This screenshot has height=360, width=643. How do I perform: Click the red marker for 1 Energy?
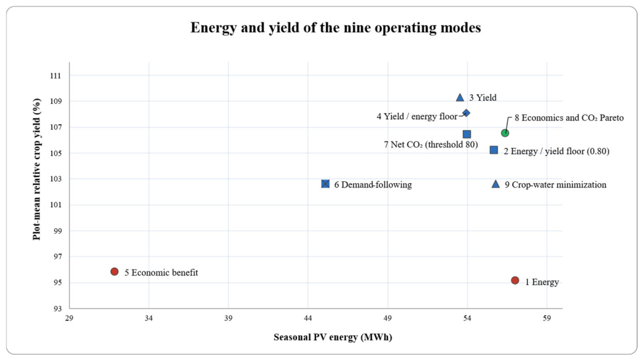515,280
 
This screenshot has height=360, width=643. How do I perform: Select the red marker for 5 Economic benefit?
114,272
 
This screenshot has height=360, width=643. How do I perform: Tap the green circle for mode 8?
505,133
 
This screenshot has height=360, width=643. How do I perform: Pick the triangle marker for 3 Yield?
460,98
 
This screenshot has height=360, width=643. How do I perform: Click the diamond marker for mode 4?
466,113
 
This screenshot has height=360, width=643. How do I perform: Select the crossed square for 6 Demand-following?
325,184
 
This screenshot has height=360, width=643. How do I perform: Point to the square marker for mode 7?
467,134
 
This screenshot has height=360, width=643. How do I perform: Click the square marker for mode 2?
494,150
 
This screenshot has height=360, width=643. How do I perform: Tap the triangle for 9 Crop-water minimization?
495,184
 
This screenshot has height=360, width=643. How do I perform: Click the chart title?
335,27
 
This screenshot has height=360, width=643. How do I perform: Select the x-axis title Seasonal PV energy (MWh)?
333,337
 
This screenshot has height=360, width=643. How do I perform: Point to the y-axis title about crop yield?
37,169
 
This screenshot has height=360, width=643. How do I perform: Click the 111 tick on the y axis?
55,75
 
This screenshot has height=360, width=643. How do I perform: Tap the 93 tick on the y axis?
57,308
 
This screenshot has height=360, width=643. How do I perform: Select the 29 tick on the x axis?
69,318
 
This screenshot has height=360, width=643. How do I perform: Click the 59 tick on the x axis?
546,318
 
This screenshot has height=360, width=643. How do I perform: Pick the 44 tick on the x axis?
308,318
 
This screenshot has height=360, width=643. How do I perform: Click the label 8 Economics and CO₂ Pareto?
569,118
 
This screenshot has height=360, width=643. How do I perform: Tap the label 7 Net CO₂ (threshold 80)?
431,144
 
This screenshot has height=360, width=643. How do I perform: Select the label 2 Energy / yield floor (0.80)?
556,152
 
